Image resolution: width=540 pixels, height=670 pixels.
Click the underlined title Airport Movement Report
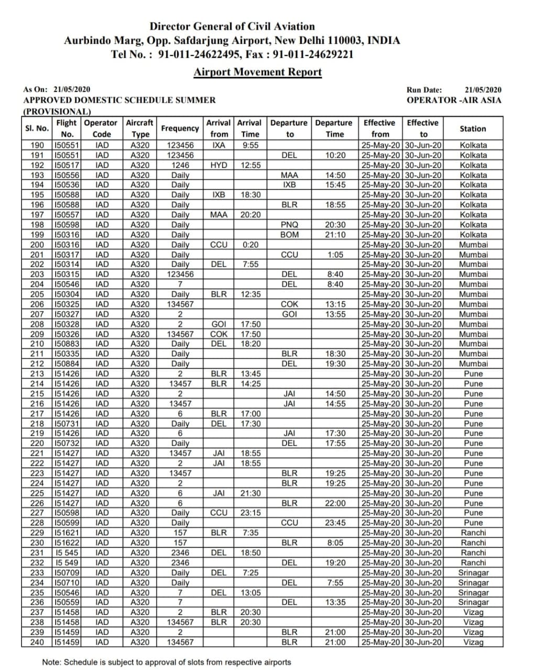[x=257, y=72]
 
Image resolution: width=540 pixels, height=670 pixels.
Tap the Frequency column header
[x=180, y=128]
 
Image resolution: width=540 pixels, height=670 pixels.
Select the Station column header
[x=472, y=128]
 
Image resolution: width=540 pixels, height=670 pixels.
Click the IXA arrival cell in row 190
[x=218, y=146]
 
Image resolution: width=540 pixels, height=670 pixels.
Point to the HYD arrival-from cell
[x=218, y=165]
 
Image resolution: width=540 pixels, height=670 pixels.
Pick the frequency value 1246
[x=180, y=165]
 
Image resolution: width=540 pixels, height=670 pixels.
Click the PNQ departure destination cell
[x=289, y=225]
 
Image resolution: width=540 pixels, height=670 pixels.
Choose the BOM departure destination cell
[x=289, y=234]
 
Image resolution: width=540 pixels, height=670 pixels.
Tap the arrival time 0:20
[x=250, y=244]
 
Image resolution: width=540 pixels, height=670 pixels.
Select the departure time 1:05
[x=335, y=254]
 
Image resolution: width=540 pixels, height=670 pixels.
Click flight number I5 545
[x=67, y=553]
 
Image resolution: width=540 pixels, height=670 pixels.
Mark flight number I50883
[x=67, y=344]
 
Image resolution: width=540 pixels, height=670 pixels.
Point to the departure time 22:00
[x=335, y=503]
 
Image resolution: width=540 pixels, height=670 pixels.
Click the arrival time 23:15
[x=250, y=513]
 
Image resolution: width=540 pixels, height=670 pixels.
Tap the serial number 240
[x=37, y=642]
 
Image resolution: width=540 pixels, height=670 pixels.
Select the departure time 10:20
[x=335, y=155]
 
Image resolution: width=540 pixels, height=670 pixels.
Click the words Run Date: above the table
[x=424, y=90]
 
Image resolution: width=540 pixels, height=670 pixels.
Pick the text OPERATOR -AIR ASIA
[x=454, y=100]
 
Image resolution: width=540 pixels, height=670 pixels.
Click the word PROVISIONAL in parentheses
[x=57, y=111]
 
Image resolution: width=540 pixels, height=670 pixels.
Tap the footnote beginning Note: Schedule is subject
[x=166, y=662]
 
